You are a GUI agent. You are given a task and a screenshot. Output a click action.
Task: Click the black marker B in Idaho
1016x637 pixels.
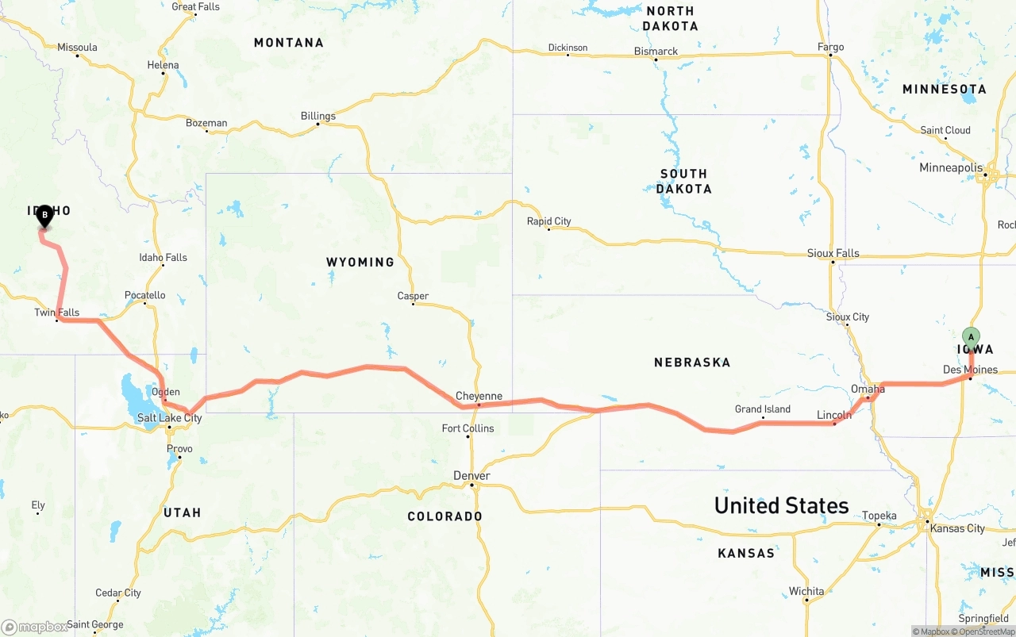click(45, 213)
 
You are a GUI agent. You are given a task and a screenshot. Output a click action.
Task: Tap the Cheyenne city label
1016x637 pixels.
click(479, 396)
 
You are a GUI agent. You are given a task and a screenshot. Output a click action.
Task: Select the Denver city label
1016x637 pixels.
click(471, 475)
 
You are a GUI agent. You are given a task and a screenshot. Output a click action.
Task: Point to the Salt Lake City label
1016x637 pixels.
click(169, 417)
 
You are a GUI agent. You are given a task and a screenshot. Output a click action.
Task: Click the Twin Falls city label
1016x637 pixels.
click(56, 313)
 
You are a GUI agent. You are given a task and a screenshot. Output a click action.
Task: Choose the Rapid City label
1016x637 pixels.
click(548, 221)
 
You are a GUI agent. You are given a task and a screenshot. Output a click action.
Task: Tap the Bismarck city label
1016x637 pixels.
click(656, 51)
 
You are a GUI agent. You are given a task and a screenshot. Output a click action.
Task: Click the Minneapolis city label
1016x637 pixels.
click(951, 167)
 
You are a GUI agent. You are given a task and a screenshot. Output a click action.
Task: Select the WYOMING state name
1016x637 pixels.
click(360, 262)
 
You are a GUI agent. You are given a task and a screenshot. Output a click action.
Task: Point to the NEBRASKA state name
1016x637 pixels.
click(691, 362)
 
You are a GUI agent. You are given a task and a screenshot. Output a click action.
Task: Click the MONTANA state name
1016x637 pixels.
click(288, 43)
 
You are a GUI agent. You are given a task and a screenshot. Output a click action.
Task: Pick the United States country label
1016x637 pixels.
click(781, 505)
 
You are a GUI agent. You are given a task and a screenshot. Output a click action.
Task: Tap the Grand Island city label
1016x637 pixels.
click(762, 409)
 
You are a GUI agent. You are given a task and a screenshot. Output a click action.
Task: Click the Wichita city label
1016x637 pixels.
click(806, 591)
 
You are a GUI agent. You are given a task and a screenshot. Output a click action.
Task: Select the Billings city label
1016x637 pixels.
click(317, 116)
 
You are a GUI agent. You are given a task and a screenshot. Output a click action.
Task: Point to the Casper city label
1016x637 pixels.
click(413, 296)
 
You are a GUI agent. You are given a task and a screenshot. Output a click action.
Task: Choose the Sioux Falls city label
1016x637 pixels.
click(833, 253)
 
